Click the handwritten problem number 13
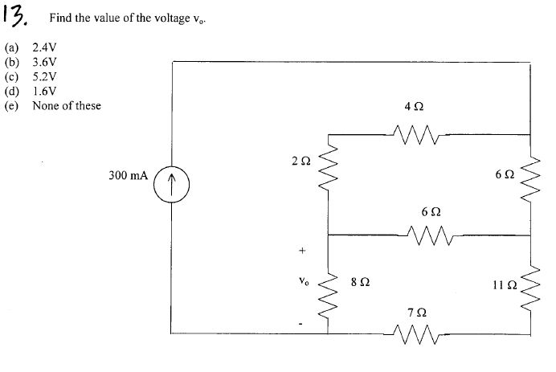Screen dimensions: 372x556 (x=19, y=15)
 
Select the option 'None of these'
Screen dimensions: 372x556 (x=67, y=105)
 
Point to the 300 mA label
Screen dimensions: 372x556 (x=128, y=174)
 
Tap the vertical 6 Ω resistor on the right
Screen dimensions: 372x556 (x=530, y=179)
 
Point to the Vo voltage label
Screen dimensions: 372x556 (x=302, y=282)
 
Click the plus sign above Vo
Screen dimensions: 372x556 (x=302, y=251)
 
